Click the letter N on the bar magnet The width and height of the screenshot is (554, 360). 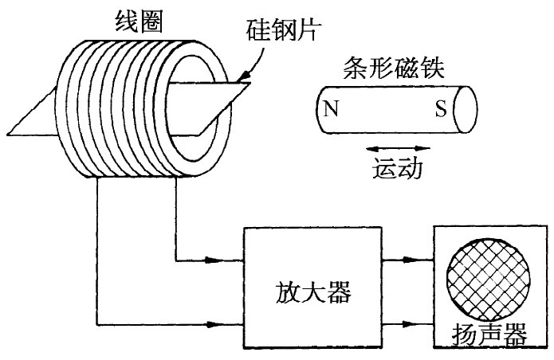point(331,108)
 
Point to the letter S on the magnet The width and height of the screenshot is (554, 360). point(439,108)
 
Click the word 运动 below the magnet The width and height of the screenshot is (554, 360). point(396,169)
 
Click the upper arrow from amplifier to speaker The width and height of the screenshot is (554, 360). point(422,260)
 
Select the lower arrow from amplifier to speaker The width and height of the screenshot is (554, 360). point(422,323)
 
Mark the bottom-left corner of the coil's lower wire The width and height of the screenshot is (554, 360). point(97,323)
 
